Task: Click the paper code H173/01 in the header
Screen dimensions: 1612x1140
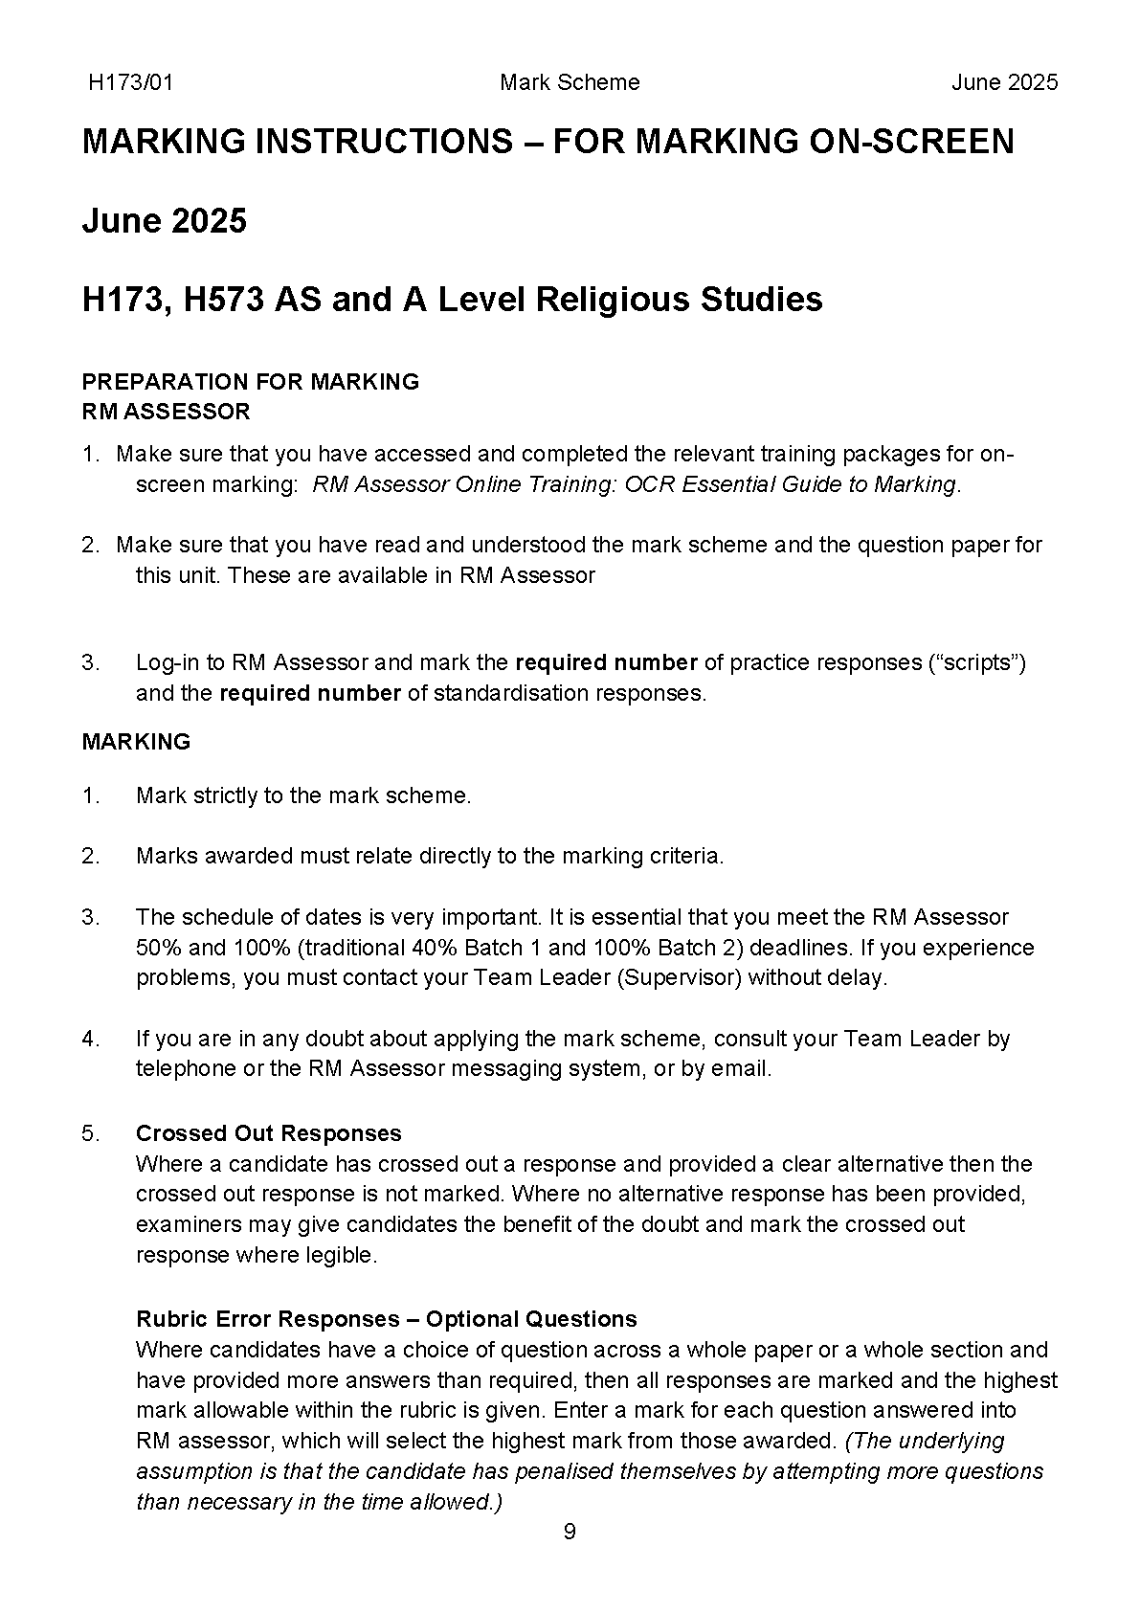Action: (130, 82)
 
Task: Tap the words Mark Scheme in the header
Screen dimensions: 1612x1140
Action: (570, 82)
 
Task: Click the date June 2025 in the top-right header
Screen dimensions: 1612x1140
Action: (1004, 82)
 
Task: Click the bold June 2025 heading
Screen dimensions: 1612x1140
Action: (165, 221)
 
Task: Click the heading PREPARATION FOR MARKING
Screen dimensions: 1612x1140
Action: (251, 381)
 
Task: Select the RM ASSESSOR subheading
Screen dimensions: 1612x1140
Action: (167, 412)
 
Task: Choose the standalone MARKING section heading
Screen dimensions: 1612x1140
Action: (136, 742)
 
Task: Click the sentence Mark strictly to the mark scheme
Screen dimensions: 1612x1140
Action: (303, 795)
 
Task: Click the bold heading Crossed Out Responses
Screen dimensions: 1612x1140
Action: (269, 1133)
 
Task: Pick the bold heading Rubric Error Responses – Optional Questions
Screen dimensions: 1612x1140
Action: (387, 1319)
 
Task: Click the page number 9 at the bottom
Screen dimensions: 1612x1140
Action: (570, 1533)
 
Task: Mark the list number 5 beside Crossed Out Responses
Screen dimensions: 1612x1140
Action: (90, 1133)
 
